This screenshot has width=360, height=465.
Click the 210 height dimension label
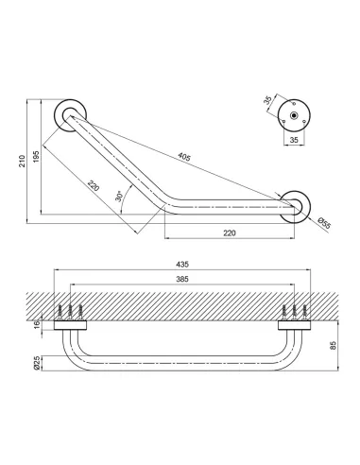(22, 161)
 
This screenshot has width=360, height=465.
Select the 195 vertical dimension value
(36, 156)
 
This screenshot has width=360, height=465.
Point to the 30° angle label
(119, 196)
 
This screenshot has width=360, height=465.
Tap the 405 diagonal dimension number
(184, 156)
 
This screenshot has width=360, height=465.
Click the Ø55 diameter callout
(324, 223)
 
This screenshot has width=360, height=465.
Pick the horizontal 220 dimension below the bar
(230, 232)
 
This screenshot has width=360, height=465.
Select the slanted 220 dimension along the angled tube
(94, 185)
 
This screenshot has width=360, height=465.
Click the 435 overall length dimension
(182, 264)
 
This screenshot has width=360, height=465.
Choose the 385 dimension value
(182, 279)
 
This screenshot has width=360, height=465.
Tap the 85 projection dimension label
(334, 345)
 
